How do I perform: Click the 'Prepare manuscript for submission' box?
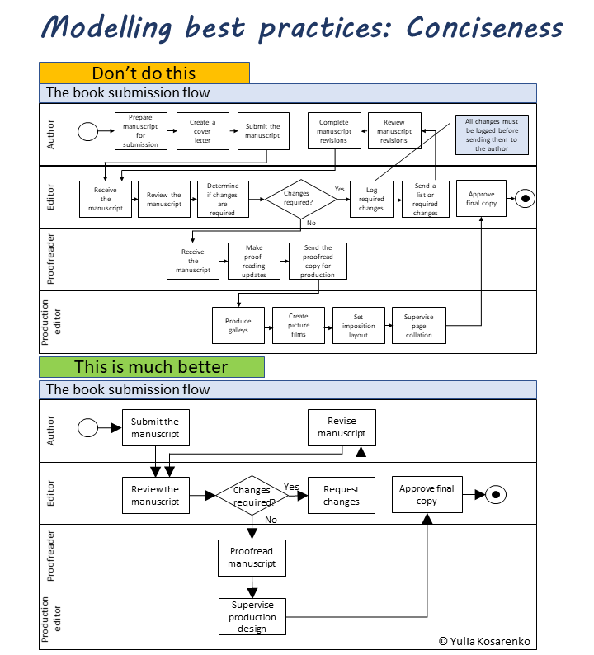(x=140, y=131)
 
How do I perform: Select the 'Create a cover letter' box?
(x=203, y=131)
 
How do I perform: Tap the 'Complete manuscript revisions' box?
(x=334, y=131)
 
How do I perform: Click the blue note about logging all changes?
(x=492, y=134)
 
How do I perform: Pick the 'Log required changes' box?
(x=371, y=199)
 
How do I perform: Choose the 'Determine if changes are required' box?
(x=223, y=199)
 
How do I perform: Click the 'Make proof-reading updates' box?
(x=254, y=261)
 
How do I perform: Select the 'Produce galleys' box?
(x=238, y=325)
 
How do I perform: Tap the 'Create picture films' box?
(x=299, y=325)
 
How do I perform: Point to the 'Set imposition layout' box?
(x=359, y=325)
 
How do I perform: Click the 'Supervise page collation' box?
(x=419, y=325)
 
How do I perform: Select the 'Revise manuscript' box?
(x=341, y=427)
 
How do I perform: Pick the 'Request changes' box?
(x=341, y=495)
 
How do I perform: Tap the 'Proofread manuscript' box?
(x=252, y=558)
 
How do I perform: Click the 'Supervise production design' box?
(x=252, y=616)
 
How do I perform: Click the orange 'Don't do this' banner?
(x=144, y=73)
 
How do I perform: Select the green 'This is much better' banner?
(x=152, y=367)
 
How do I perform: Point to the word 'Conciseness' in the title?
(x=484, y=27)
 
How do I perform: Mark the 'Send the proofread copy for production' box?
(x=318, y=261)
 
